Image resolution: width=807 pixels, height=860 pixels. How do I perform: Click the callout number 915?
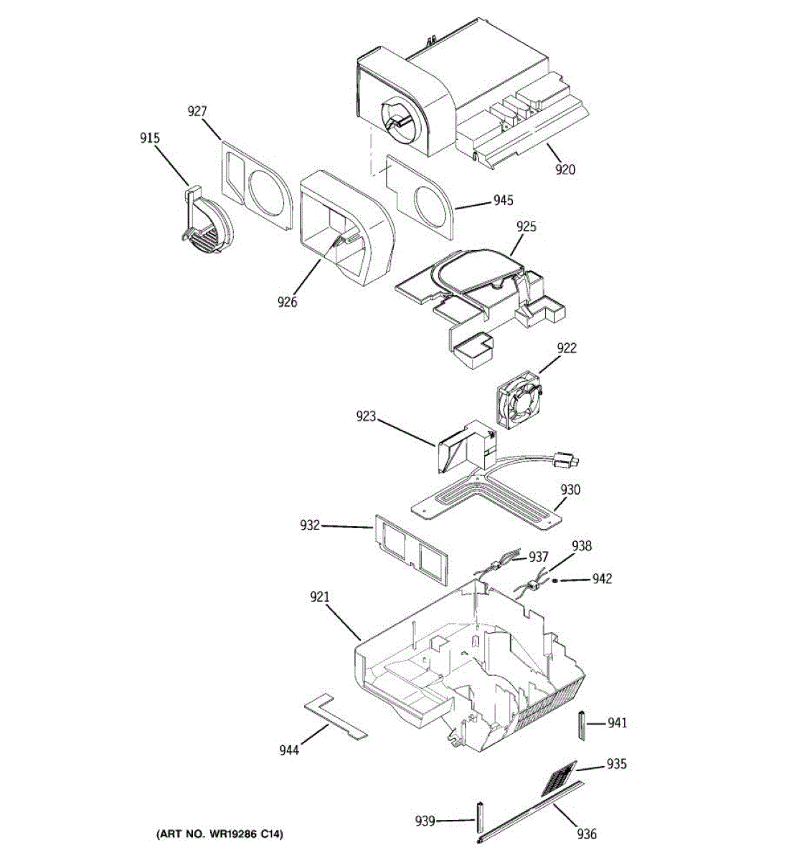point(150,138)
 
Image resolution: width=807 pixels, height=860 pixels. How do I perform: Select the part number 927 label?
point(197,111)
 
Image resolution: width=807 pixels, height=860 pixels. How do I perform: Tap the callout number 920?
point(565,170)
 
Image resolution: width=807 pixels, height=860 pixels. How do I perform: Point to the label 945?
point(503,201)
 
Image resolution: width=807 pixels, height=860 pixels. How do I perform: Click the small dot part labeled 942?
point(563,580)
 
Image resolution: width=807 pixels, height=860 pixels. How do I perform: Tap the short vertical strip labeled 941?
point(582,727)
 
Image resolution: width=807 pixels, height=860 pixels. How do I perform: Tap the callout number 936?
point(587,833)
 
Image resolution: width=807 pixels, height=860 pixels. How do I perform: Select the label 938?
point(582,547)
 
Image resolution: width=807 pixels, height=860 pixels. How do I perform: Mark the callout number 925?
point(527,227)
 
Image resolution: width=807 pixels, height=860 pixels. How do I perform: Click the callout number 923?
point(366,416)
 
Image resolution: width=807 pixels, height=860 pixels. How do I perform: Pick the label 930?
point(571,490)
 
